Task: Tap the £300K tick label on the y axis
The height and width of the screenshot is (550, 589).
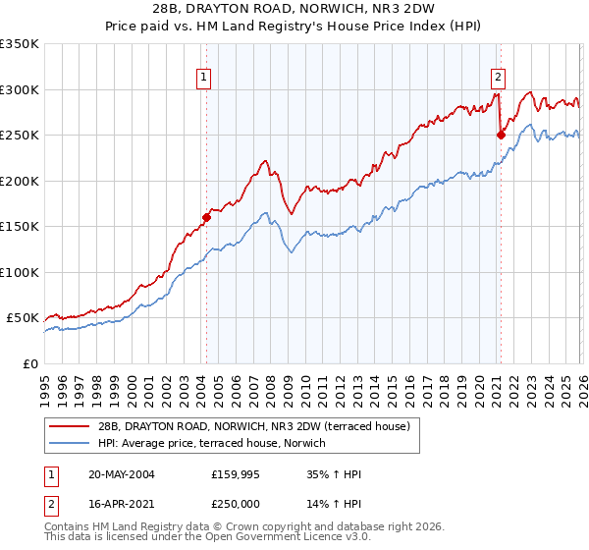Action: click(x=20, y=89)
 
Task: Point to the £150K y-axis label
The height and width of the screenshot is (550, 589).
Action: click(x=20, y=226)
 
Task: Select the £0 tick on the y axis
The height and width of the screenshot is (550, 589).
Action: click(x=30, y=363)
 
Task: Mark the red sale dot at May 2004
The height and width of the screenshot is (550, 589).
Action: click(x=207, y=217)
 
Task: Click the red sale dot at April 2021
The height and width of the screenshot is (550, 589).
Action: click(x=501, y=135)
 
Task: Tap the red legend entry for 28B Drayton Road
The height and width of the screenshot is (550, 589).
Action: click(x=259, y=426)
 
